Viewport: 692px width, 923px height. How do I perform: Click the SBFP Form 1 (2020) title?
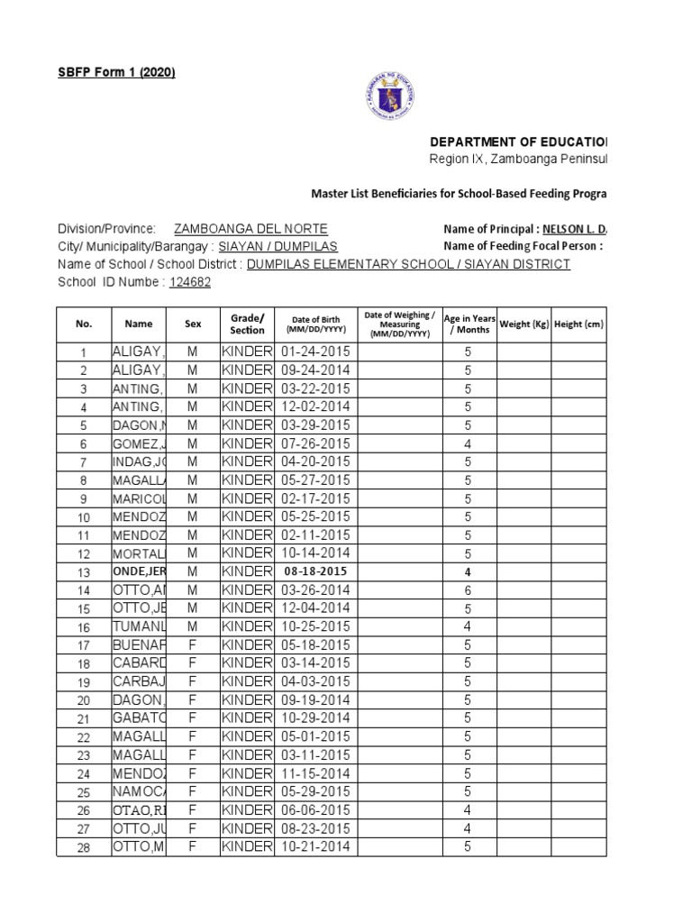tap(116, 73)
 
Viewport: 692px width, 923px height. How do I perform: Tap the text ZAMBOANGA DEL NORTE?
tap(250, 229)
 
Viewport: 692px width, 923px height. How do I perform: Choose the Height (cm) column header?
tap(578, 324)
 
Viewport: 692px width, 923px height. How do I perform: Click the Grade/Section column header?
tap(247, 324)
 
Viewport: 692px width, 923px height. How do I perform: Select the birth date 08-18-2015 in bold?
tap(315, 571)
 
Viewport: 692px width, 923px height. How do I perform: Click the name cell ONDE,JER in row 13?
tap(139, 571)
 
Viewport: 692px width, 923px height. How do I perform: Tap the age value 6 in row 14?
tap(468, 589)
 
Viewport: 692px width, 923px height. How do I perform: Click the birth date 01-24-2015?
tap(315, 352)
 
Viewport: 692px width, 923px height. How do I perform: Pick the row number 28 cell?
tap(84, 846)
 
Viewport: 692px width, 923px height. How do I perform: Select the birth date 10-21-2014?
tap(315, 846)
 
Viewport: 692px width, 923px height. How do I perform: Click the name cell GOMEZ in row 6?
tap(139, 443)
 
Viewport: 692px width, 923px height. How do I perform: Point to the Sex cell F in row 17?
tap(192, 645)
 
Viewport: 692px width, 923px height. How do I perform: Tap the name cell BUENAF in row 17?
tap(139, 645)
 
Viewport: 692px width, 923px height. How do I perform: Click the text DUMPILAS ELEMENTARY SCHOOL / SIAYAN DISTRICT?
tap(408, 264)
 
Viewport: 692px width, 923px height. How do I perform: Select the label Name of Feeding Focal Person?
tap(522, 247)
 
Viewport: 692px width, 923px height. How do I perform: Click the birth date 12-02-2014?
tap(315, 407)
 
